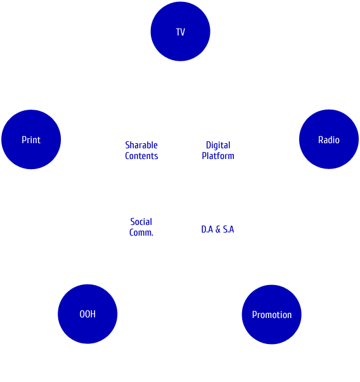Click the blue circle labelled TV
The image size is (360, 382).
point(181,32)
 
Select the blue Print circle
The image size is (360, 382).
point(31,139)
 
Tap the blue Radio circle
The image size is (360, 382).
point(329,139)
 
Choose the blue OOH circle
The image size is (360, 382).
point(87,314)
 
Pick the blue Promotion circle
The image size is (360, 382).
point(271,314)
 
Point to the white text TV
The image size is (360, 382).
point(181,32)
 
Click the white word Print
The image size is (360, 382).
point(31,140)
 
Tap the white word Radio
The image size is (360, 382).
point(329,140)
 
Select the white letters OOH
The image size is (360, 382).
point(87,314)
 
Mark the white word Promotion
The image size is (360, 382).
point(272,315)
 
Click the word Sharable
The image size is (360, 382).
point(141,145)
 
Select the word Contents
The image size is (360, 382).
point(141,156)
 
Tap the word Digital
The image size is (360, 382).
point(218,146)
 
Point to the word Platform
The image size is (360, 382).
point(218,156)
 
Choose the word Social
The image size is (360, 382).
point(141,222)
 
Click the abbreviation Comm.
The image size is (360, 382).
point(141,232)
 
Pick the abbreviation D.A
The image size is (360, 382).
point(207,229)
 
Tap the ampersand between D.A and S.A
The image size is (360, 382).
point(218,229)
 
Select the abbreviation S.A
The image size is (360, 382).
point(229,229)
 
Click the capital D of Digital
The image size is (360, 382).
point(209,145)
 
